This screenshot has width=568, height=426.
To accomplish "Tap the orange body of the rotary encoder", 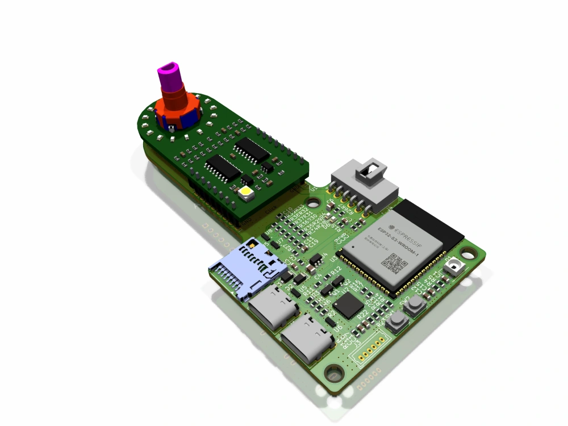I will [x=177, y=108].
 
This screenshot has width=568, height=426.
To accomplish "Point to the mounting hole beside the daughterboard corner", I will [x=313, y=202].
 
